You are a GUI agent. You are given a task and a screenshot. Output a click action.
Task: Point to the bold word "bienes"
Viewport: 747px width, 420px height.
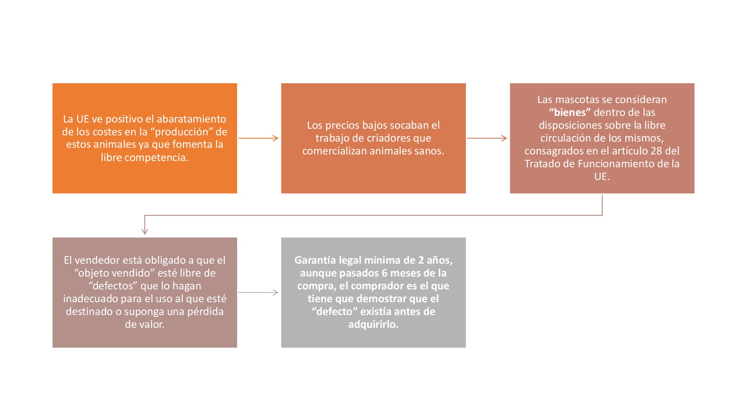[x=570, y=112]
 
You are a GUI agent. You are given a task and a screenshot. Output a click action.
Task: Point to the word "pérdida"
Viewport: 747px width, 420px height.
[x=205, y=311]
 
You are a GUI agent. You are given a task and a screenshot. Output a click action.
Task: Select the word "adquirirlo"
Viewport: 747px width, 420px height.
[x=373, y=324]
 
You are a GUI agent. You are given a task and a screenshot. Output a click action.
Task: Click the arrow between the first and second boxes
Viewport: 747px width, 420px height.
[x=259, y=138]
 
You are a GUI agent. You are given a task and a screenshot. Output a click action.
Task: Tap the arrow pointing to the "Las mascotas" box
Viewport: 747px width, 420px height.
[x=487, y=138]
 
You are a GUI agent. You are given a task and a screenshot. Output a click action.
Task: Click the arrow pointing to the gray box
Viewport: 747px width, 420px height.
[x=259, y=292]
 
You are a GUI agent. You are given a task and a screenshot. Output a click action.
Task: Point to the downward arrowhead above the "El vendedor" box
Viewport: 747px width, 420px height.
[x=145, y=231]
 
